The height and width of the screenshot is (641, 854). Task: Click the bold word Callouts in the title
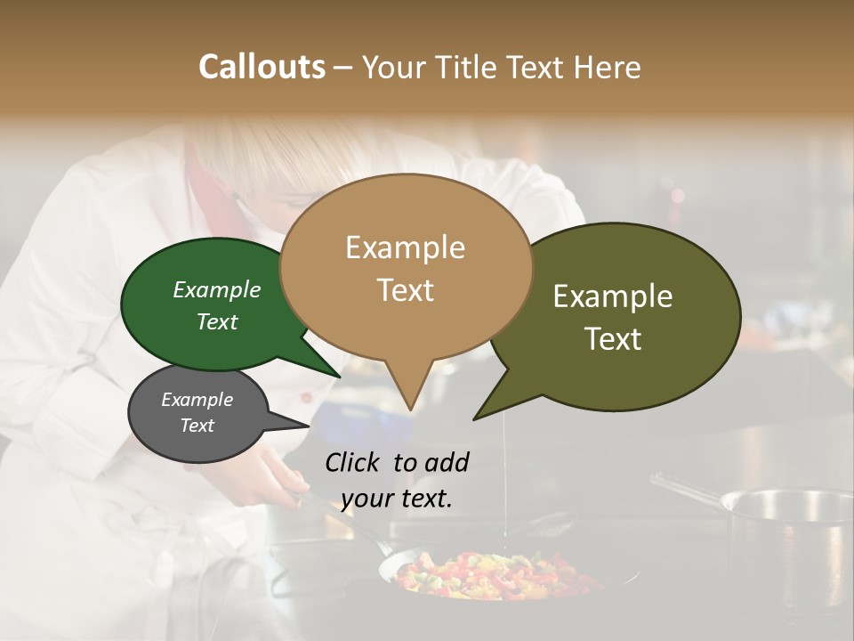tap(262, 67)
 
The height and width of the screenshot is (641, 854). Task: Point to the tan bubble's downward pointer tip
tap(409, 409)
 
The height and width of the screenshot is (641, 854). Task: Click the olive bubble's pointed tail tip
tap(475, 418)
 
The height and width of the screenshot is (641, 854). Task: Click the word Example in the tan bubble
tap(405, 247)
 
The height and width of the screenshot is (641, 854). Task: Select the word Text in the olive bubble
tap(614, 339)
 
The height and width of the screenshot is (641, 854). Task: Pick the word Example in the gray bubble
tap(197, 400)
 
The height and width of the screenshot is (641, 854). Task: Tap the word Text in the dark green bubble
tap(217, 321)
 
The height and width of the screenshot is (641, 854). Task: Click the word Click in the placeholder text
tap(353, 462)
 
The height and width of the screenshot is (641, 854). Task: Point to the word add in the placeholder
tap(447, 462)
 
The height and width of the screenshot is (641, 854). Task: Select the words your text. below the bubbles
tap(397, 499)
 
